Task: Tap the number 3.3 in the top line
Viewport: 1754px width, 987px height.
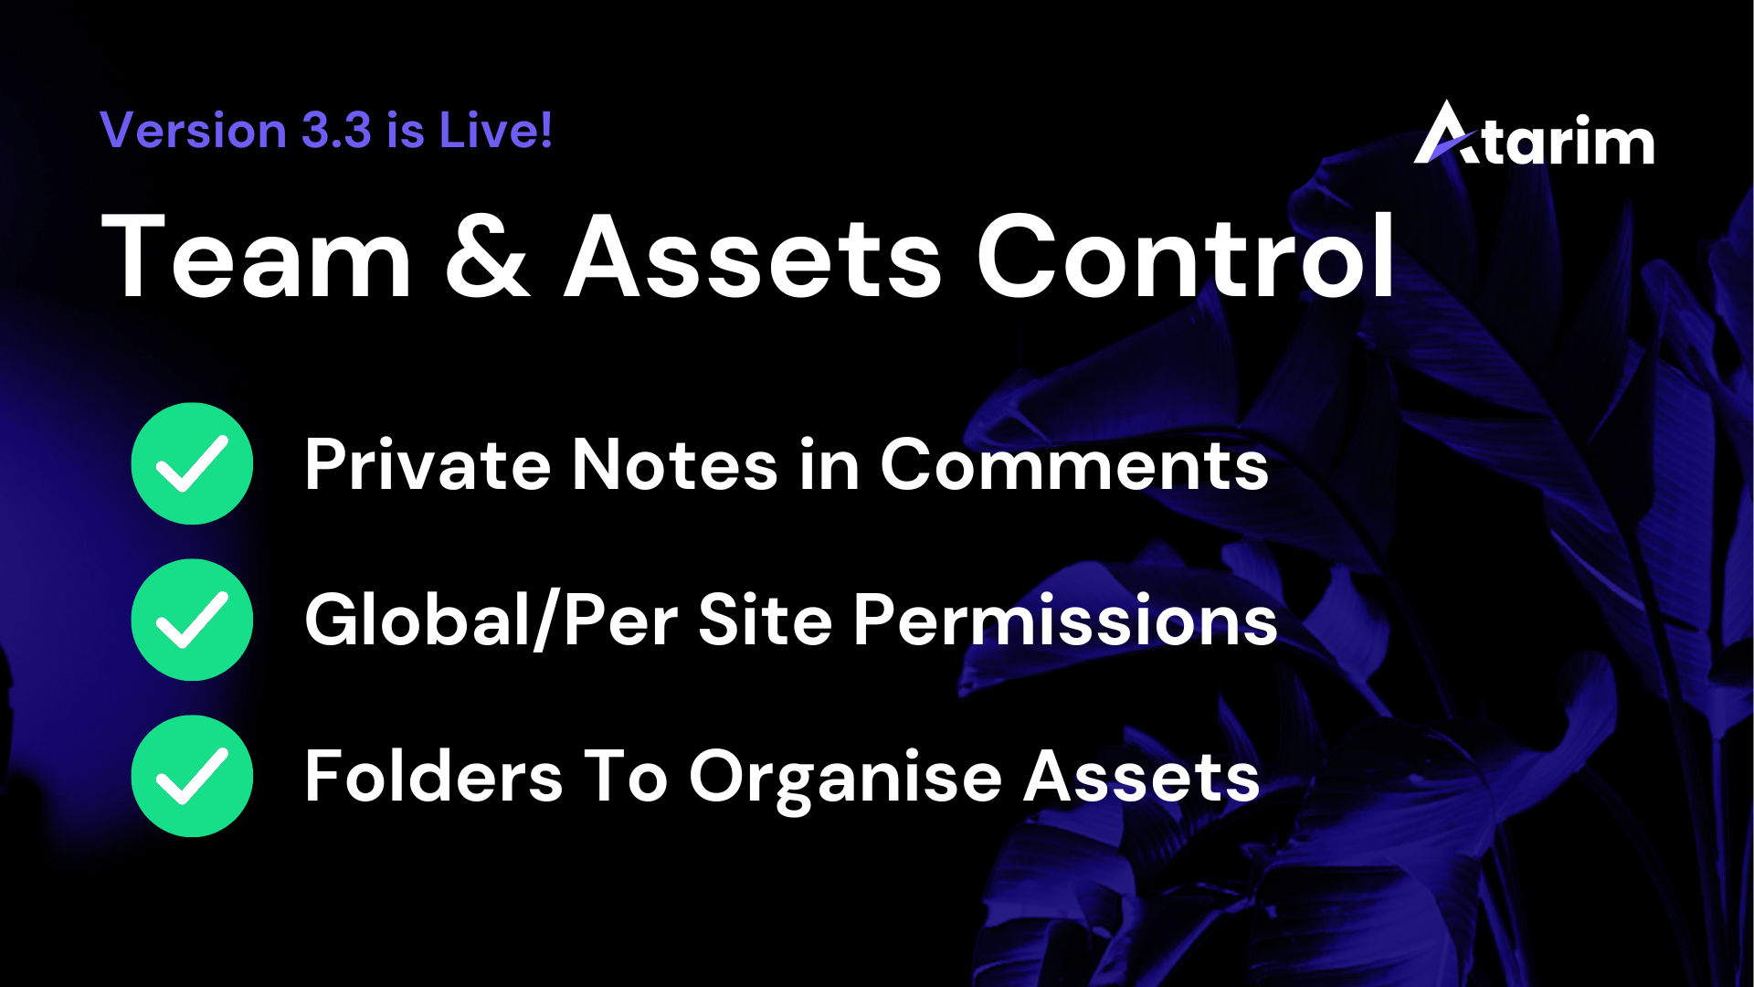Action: point(337,130)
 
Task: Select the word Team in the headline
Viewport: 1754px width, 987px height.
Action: point(257,256)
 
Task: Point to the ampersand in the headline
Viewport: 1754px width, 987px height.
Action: point(488,256)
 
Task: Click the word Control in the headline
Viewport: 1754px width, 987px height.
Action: point(1186,255)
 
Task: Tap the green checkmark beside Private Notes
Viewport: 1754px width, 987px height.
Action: point(192,463)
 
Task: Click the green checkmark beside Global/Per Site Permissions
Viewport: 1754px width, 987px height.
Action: point(192,620)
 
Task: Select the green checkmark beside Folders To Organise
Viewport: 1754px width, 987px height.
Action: point(192,776)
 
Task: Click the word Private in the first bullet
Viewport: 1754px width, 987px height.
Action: point(428,464)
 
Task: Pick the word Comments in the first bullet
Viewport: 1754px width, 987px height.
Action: point(1074,464)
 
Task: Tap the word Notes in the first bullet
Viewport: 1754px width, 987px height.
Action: point(675,464)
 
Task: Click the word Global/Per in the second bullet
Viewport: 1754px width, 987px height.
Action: point(491,621)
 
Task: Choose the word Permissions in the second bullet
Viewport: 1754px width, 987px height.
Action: point(1065,621)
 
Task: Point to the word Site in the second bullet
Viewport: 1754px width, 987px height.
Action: point(766,620)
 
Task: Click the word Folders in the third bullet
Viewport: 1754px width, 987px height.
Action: point(434,776)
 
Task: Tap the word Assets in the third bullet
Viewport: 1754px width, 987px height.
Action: point(1142,777)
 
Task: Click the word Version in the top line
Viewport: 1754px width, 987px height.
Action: point(193,130)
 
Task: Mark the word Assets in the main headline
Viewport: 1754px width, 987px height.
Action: point(754,257)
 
